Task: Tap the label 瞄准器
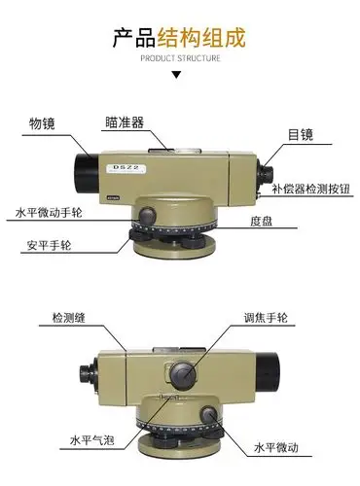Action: [x=126, y=122]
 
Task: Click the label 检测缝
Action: [x=71, y=317]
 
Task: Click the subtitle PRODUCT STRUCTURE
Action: [x=181, y=58]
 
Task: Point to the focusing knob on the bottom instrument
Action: [x=183, y=373]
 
